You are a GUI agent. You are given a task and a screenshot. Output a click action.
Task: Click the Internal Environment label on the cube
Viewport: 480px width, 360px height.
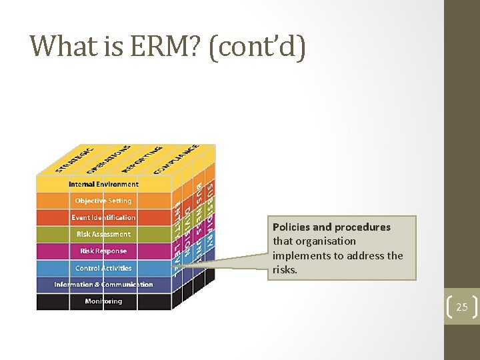103,184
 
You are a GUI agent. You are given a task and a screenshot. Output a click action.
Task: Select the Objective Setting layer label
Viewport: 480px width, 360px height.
103,201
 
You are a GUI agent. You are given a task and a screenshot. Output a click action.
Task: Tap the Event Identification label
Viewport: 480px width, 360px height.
103,217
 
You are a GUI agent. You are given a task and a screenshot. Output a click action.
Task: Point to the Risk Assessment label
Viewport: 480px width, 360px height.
103,234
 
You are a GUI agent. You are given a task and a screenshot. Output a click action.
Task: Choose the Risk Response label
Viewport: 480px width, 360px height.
103,251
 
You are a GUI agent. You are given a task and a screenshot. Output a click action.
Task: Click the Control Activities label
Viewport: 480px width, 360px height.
103,268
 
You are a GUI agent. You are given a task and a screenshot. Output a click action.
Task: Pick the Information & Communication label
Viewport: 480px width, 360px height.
103,285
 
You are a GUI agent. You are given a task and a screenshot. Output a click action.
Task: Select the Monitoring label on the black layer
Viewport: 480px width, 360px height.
103,301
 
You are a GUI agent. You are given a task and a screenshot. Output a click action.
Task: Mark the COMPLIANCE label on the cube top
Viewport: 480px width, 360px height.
176,158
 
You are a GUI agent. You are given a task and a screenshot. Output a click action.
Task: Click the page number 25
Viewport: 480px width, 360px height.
461,307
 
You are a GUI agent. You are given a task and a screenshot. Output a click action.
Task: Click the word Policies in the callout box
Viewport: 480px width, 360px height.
293,227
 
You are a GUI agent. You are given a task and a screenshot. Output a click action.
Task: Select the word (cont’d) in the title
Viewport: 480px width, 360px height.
257,46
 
